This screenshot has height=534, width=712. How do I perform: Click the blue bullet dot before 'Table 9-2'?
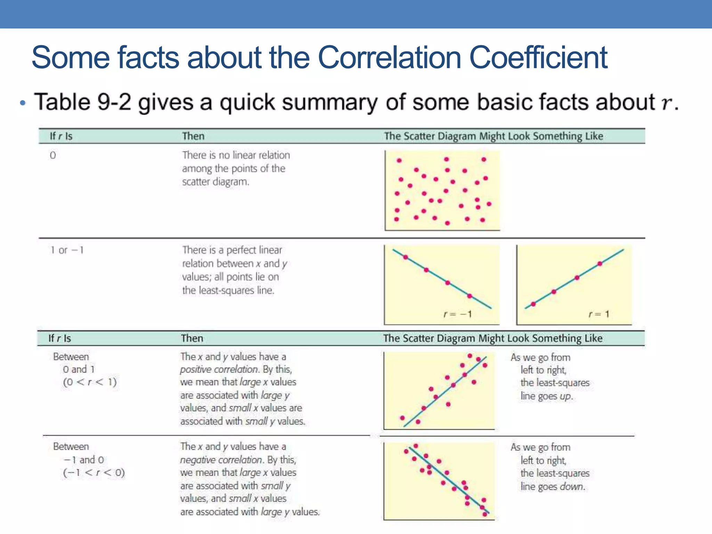tap(23, 103)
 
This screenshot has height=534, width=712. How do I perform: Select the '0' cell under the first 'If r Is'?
tap(53, 155)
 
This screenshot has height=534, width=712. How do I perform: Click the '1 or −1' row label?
tap(67, 250)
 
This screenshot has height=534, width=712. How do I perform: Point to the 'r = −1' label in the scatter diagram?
tap(458, 314)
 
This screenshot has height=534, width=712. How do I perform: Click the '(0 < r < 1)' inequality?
tap(90, 382)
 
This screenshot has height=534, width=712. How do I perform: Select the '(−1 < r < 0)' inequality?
tap(94, 473)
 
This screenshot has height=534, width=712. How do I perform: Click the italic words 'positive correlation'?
tap(219, 369)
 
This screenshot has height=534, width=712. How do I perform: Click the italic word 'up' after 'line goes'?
tap(565, 396)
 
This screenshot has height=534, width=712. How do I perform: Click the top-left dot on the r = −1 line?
tap(405, 257)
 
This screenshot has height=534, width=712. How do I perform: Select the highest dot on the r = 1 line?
tap(600, 264)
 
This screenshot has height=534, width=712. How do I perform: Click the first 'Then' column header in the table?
tap(193, 136)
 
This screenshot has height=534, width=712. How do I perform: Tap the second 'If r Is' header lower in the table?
tap(59, 338)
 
